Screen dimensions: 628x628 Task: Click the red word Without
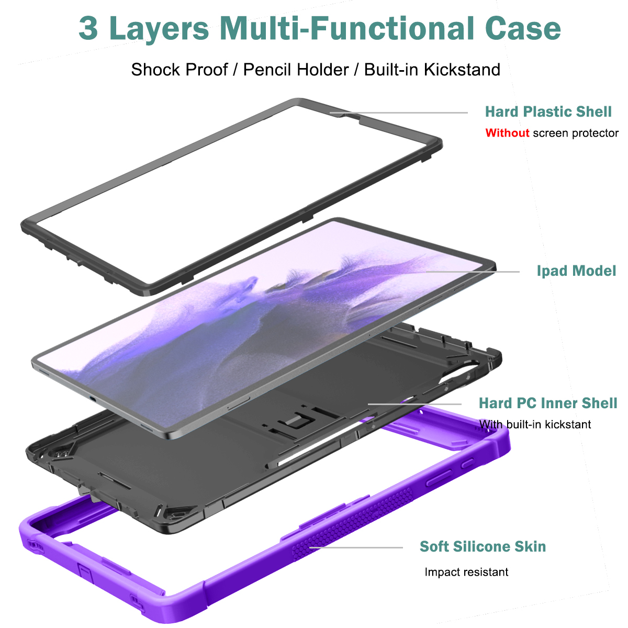(x=507, y=133)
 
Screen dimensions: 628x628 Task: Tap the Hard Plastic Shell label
(x=548, y=111)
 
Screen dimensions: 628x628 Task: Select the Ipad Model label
(x=576, y=271)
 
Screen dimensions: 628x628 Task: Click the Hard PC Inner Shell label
(x=548, y=403)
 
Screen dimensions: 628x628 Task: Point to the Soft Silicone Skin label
(x=483, y=546)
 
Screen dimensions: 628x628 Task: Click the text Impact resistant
(x=466, y=572)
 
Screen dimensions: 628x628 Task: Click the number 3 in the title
(x=88, y=28)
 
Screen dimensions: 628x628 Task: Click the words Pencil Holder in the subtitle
(x=296, y=70)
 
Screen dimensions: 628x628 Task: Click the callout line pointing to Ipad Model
(x=474, y=272)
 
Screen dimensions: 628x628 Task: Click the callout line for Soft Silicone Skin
(x=356, y=548)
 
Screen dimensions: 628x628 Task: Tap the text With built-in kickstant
(x=535, y=424)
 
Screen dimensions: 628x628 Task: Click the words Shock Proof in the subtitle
(x=180, y=70)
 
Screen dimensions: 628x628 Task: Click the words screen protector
(x=576, y=133)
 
